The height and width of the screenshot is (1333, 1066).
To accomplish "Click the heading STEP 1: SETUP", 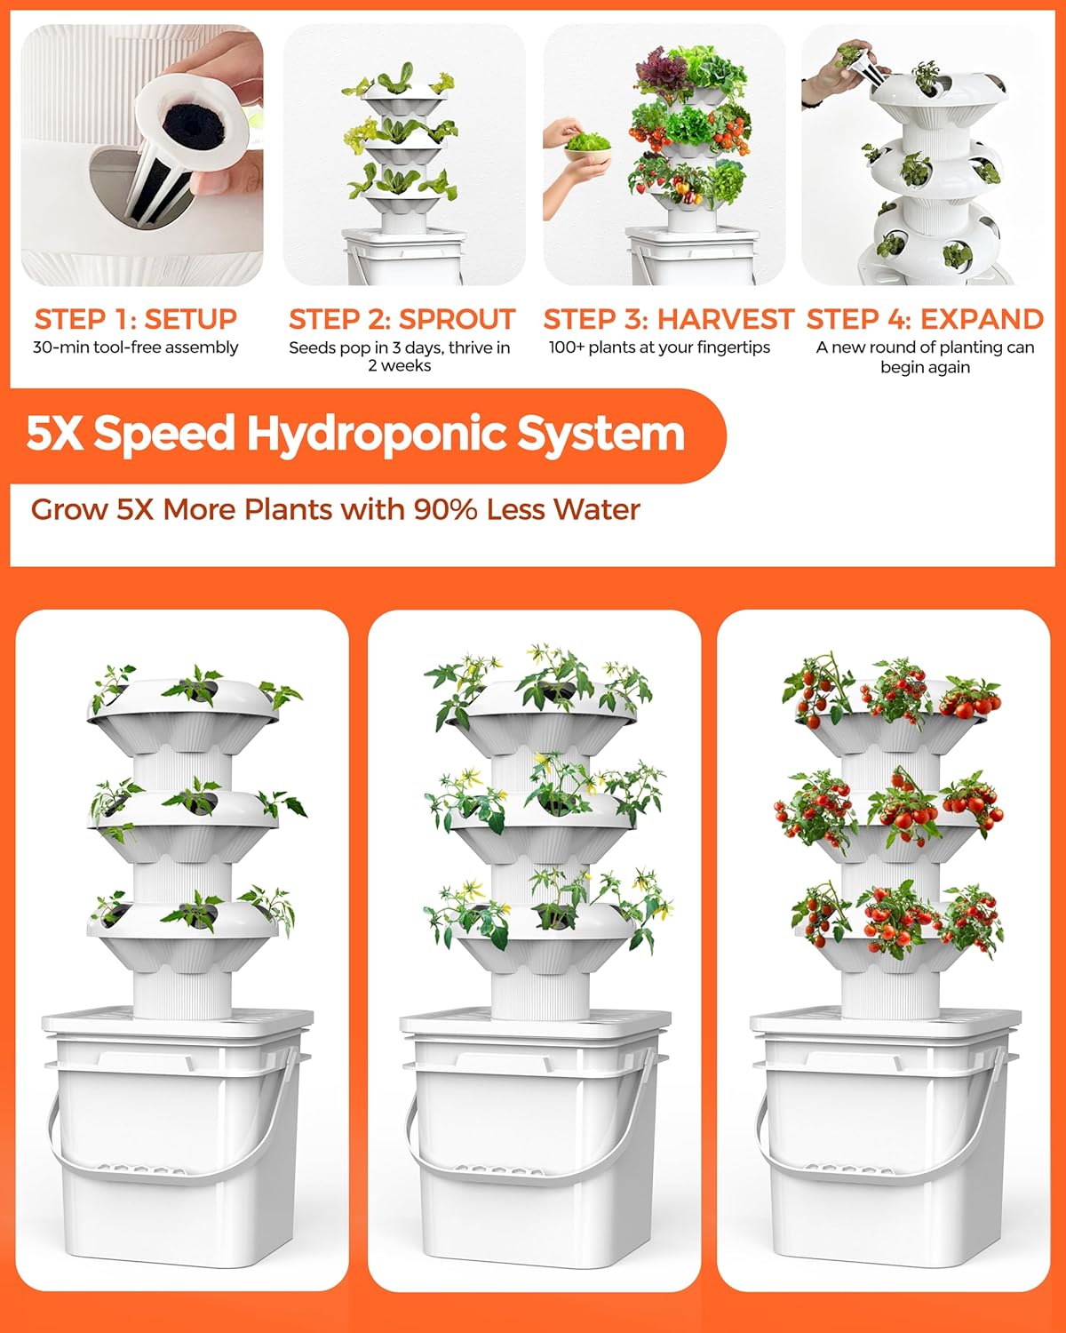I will pos(135,319).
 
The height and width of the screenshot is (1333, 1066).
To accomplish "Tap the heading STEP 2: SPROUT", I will pos(402,319).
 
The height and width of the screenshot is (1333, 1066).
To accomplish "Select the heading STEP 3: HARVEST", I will pos(668,319).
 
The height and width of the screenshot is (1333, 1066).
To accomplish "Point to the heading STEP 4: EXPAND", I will pos(925,319).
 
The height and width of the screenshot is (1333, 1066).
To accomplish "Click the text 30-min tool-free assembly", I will pos(135,347).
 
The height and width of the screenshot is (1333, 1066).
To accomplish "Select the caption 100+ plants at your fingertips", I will pos(659,347).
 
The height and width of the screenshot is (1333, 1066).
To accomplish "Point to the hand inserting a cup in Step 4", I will pos(839,67).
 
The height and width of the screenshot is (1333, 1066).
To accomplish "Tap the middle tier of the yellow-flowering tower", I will pos(542,822).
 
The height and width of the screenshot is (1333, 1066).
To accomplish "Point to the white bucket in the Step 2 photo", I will pos(404,258).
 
